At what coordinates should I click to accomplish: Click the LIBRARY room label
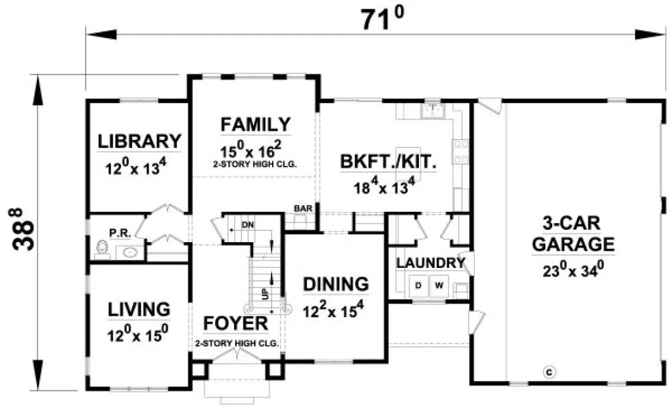tap(139, 141)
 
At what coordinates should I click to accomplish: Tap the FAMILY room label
tap(256, 125)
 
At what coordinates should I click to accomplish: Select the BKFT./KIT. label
tap(388, 162)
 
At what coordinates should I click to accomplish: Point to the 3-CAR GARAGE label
tap(573, 233)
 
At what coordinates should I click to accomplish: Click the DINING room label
tap(336, 284)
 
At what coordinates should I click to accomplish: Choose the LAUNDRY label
tap(429, 263)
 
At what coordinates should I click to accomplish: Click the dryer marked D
tap(418, 285)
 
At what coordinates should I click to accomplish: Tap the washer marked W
tap(439, 285)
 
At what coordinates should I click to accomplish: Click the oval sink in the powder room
tap(130, 251)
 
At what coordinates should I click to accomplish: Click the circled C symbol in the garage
tap(550, 371)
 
